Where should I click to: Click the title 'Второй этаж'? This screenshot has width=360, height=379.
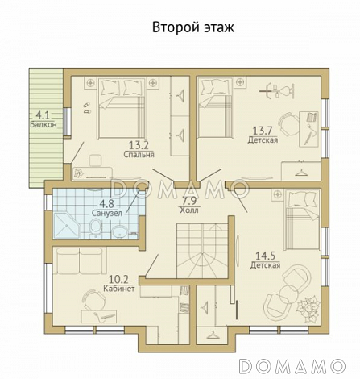click(x=192, y=27)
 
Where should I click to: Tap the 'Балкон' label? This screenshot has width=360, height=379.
click(x=43, y=126)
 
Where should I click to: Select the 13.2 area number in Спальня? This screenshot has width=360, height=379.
click(x=139, y=145)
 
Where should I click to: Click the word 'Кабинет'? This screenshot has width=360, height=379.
click(x=119, y=286)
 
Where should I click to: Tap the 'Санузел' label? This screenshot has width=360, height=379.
click(x=107, y=214)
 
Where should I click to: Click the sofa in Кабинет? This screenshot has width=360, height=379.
click(x=79, y=263)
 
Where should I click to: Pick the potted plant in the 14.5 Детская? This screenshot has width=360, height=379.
click(x=308, y=306)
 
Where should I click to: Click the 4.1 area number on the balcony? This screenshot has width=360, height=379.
click(x=43, y=115)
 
